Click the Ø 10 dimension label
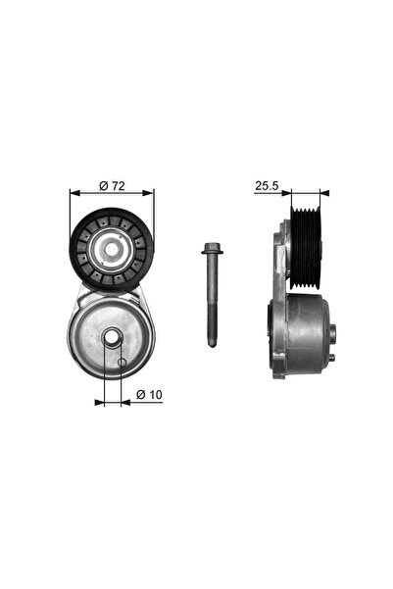coord(149,394)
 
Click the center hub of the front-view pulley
coord(113,250)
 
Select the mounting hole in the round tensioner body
coord(112,339)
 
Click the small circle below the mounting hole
coord(122,365)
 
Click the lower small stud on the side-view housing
coord(334,357)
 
